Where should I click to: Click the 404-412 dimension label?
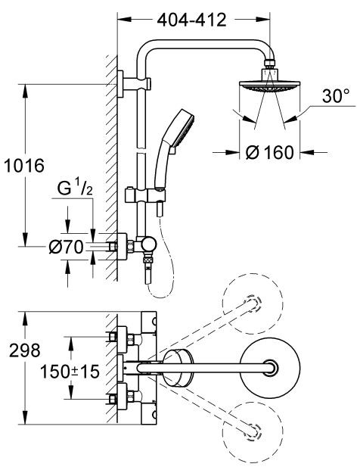point(192,20)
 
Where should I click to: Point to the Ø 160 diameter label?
point(269,153)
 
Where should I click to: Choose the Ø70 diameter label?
point(66,246)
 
